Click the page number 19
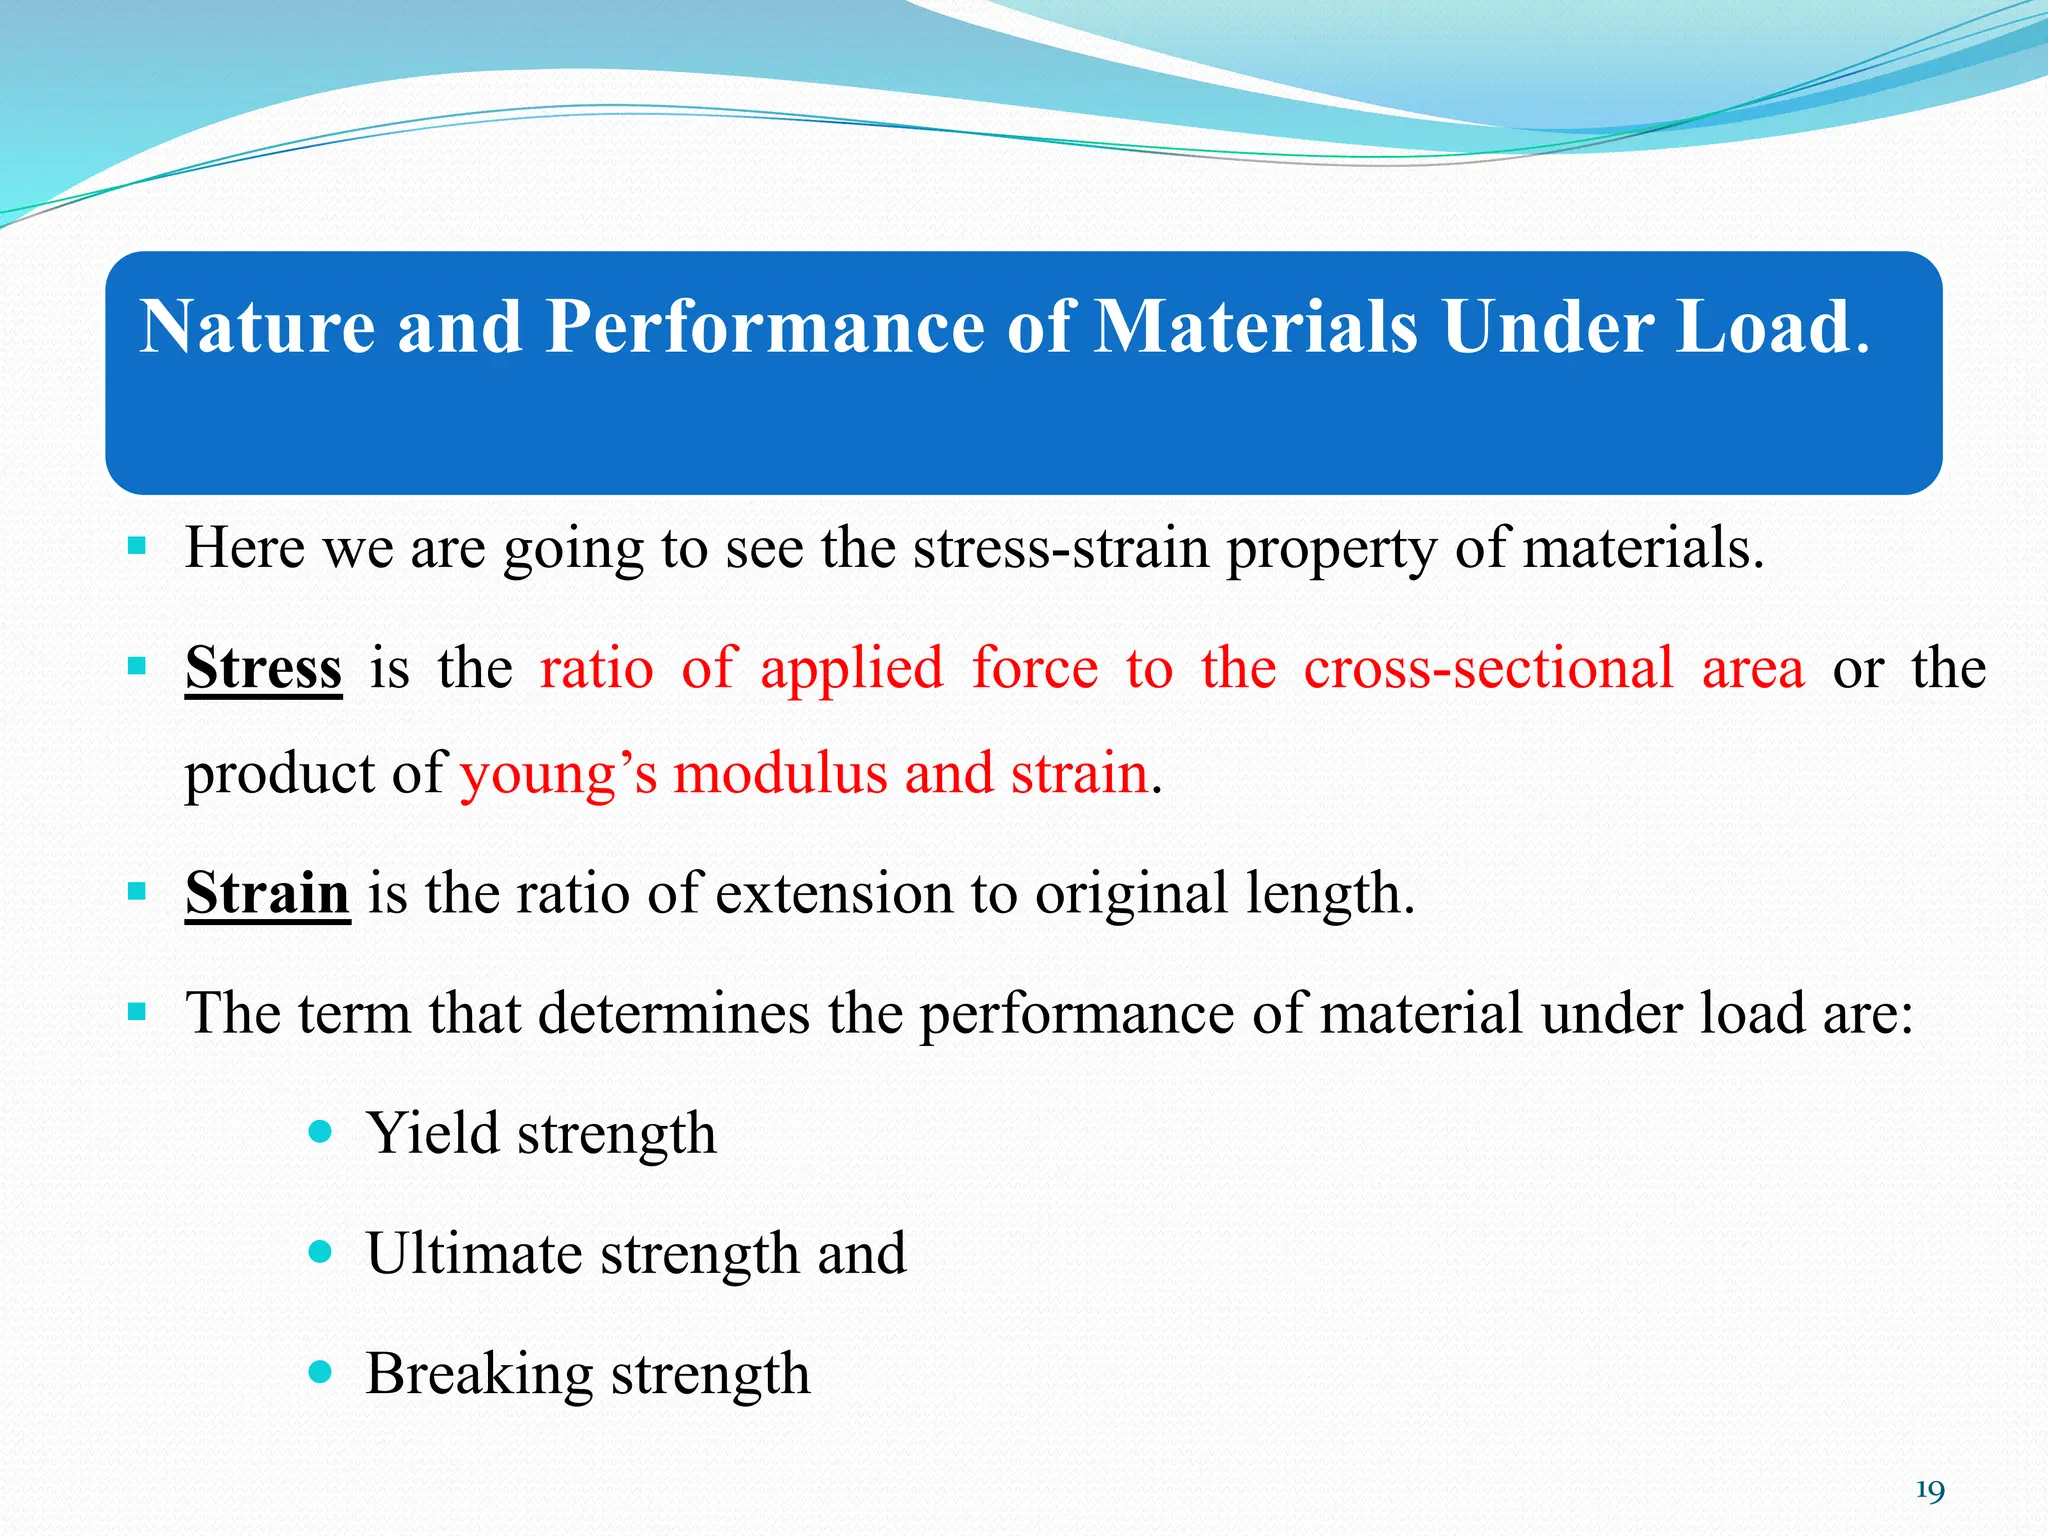pos(1929,1491)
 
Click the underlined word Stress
pos(263,668)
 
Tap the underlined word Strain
pos(267,893)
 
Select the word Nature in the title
pos(257,327)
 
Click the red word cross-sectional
pos(1488,668)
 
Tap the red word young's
pos(558,775)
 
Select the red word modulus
pos(780,775)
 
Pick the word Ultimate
pos(474,1254)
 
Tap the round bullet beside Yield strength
pos(320,1132)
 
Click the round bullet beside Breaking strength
pos(320,1372)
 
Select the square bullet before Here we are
pos(137,546)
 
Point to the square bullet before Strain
pos(137,891)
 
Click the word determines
pos(673,1014)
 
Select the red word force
pos(1035,668)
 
